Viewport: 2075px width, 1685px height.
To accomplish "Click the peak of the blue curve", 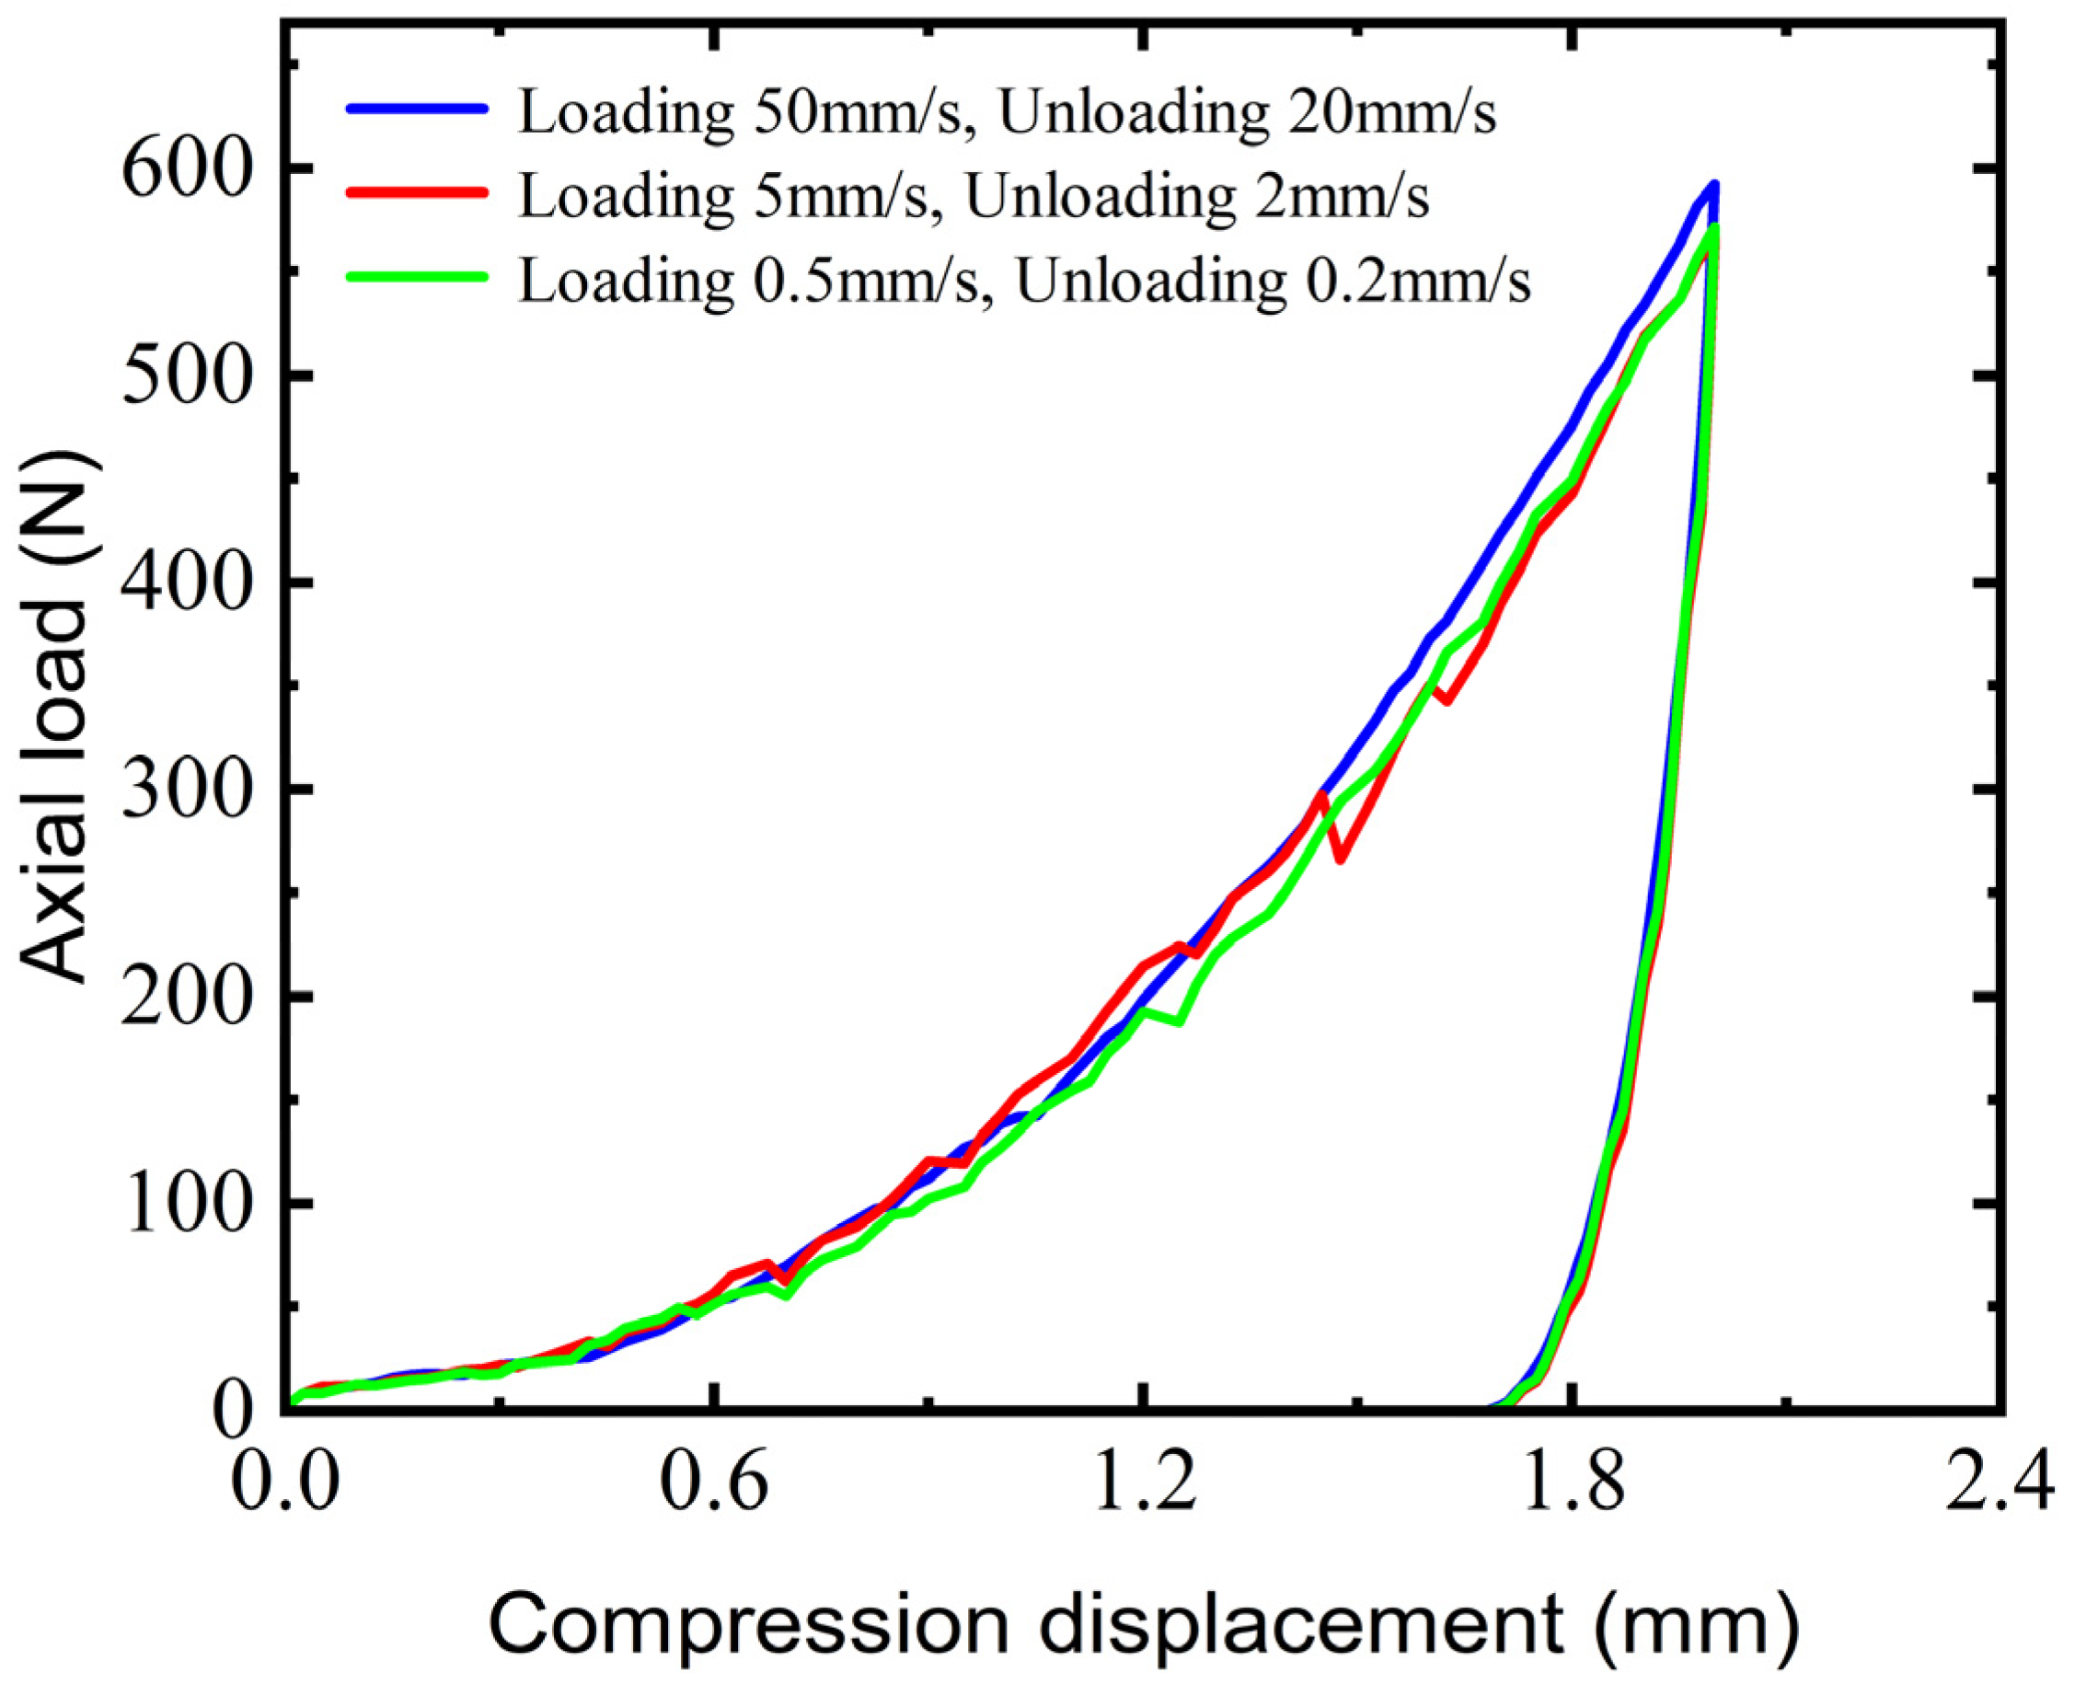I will click(x=1715, y=183).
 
